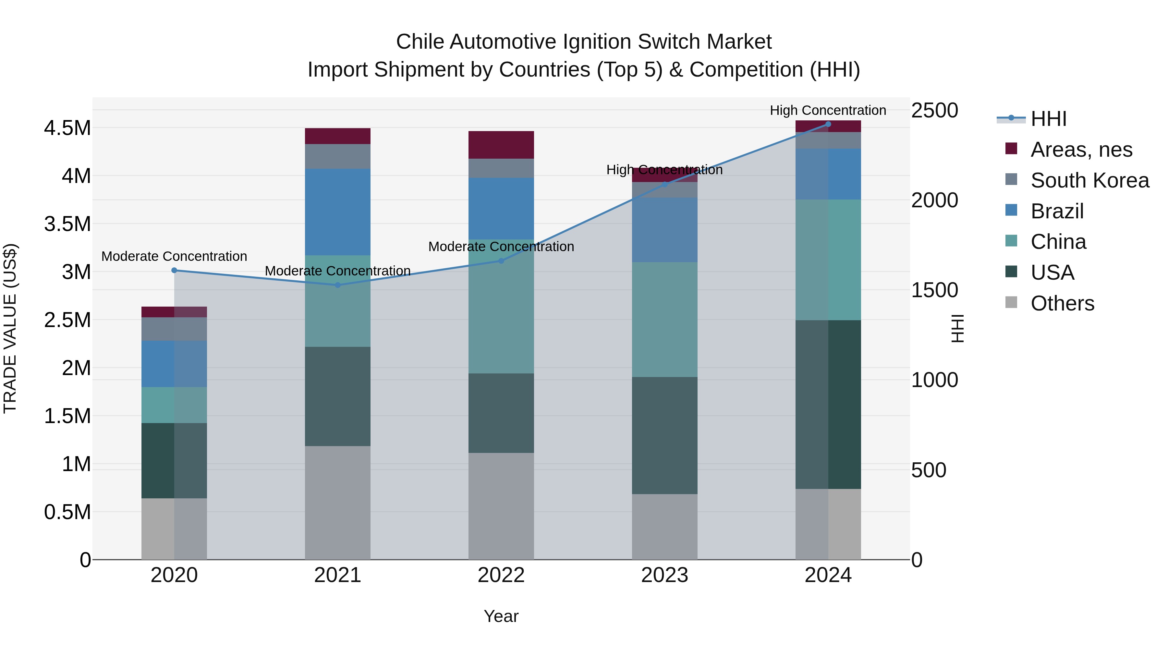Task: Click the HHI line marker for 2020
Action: pos(174,270)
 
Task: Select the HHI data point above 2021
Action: pos(337,285)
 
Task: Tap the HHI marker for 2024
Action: pos(828,124)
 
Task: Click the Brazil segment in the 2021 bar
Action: pos(337,212)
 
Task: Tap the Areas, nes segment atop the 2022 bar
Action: pos(501,145)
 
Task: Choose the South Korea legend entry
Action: pos(1089,180)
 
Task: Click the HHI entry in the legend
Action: pos(1048,119)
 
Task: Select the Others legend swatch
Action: pos(1011,302)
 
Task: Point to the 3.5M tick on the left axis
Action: pos(67,224)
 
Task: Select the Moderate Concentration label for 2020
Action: pos(174,256)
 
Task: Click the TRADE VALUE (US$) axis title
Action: pos(10,328)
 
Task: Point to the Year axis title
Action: pos(501,616)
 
